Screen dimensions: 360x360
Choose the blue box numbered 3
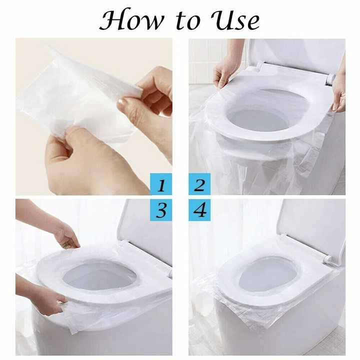click(x=161, y=210)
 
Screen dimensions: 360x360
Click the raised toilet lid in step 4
click(x=312, y=225)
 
